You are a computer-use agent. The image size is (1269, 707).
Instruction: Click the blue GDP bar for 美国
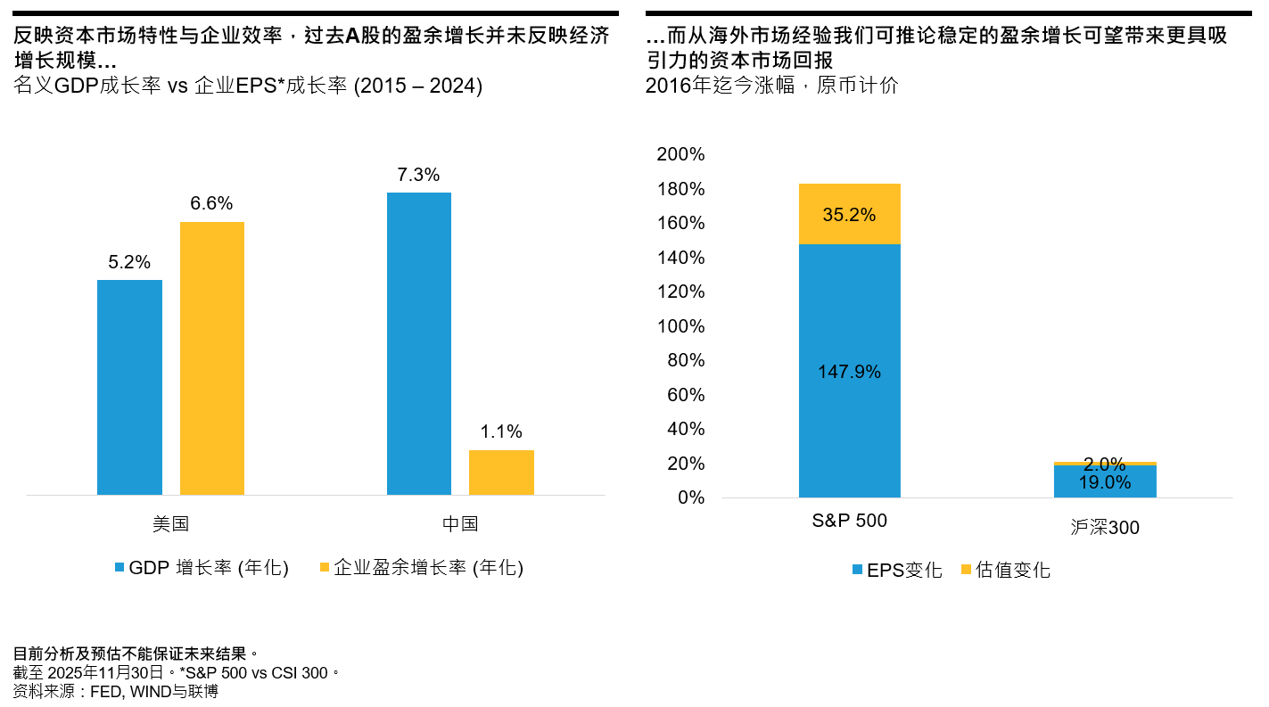(129, 387)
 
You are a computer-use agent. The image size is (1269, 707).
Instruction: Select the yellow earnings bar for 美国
(212, 358)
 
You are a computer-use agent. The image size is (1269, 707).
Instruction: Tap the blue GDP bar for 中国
(419, 343)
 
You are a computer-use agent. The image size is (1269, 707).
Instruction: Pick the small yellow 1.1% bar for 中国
(501, 473)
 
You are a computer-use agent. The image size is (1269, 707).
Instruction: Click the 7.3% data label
(419, 175)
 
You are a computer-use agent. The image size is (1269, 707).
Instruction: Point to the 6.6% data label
(212, 203)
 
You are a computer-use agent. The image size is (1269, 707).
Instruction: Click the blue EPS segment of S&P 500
(849, 370)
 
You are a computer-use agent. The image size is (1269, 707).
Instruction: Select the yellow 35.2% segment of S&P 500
(849, 214)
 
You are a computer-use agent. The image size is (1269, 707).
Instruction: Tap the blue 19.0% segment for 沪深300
(1105, 481)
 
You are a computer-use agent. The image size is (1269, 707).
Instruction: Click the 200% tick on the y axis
(680, 155)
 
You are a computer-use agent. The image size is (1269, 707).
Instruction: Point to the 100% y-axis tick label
(680, 326)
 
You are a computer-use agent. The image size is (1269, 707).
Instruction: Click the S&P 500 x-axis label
(849, 521)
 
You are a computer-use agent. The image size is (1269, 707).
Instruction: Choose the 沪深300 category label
(1105, 528)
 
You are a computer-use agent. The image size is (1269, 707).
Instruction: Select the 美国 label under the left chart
(170, 523)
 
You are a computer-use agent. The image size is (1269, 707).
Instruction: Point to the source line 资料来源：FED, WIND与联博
(116, 691)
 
